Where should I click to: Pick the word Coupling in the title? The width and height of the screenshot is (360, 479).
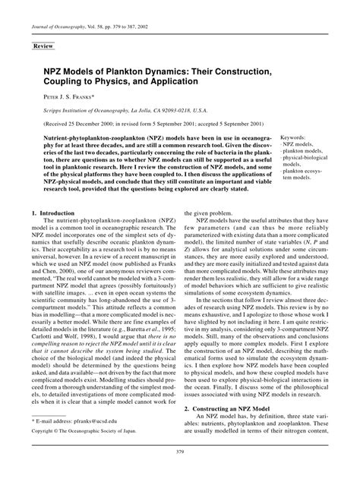pyautogui.click(x=68, y=81)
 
